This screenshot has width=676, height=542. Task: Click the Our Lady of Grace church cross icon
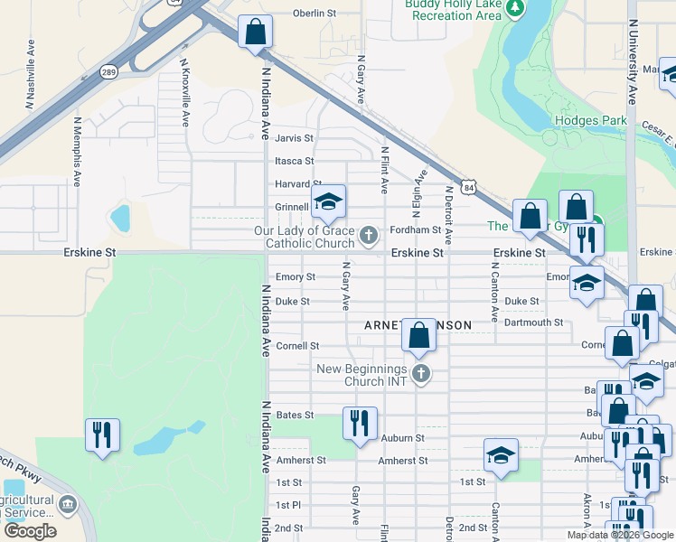tap(368, 237)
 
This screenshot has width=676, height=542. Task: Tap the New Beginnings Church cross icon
tap(419, 373)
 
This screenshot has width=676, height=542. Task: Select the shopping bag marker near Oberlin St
tap(256, 33)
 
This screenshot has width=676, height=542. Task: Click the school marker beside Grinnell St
tap(328, 202)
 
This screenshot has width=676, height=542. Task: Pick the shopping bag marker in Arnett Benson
tap(419, 335)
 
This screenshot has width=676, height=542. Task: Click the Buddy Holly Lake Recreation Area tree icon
tap(515, 8)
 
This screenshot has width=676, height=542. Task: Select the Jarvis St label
tap(295, 138)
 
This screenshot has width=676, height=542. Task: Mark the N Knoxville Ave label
tap(185, 92)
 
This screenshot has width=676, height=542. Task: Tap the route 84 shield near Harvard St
tap(467, 188)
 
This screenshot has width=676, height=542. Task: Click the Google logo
tap(29, 531)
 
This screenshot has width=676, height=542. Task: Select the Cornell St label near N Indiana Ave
tap(297, 346)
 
